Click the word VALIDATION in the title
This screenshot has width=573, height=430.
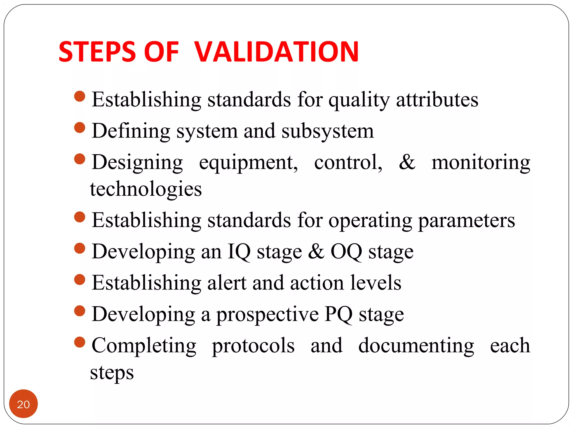tap(276, 52)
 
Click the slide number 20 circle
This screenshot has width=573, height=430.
tap(24, 404)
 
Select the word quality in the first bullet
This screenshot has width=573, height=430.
tap(359, 100)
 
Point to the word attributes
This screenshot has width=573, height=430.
tap(437, 100)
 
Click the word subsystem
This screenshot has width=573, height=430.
tap(327, 131)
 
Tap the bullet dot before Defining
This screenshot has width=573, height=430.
tap(80, 128)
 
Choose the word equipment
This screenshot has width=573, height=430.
tap(248, 163)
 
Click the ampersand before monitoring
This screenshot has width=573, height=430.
tap(407, 162)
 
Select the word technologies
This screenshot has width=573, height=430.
tap(146, 189)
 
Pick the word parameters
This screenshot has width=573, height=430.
tap(466, 221)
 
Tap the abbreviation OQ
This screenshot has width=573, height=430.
tap(346, 251)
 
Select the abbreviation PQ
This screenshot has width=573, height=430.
tap(338, 314)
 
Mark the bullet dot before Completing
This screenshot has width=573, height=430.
tap(80, 342)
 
